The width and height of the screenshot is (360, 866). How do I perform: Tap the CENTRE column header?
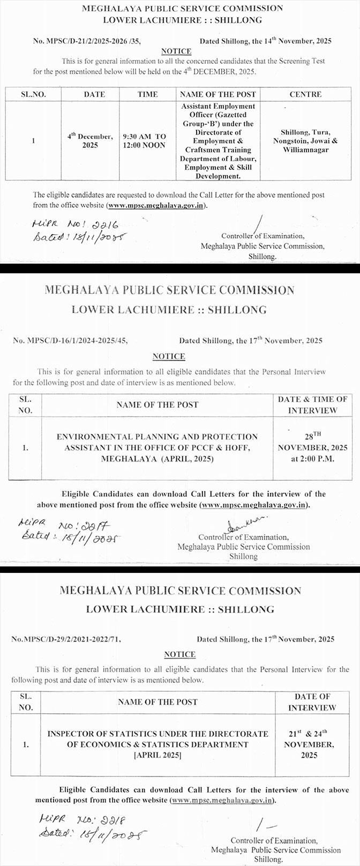point(305,94)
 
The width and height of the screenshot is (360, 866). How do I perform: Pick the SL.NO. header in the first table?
point(33,94)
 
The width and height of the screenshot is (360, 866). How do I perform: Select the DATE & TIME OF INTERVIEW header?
point(312,405)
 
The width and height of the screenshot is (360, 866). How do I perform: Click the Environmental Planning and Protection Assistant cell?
point(157,447)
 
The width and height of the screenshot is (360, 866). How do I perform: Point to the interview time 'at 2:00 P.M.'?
point(312,459)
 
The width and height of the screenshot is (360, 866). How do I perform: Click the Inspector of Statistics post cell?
point(157,744)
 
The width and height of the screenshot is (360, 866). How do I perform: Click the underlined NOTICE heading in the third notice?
point(179,654)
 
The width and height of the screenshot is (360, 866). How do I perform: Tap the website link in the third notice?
point(222,800)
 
